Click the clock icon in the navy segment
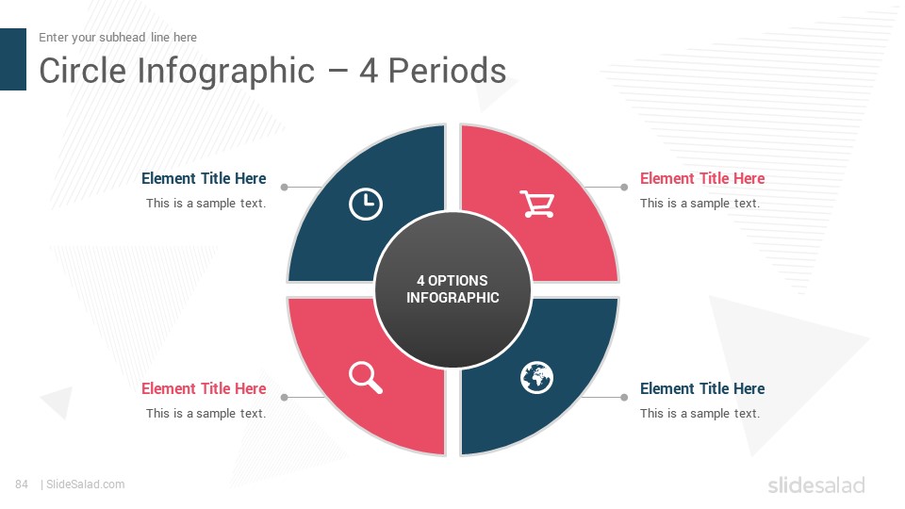click(366, 204)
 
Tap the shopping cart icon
click(537, 204)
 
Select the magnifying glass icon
click(366, 377)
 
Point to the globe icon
click(536, 377)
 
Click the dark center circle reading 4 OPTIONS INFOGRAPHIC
click(452, 289)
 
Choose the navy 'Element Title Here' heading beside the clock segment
click(204, 178)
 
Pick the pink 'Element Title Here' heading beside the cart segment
click(702, 178)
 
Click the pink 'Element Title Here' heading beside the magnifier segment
click(204, 388)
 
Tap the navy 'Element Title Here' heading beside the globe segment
click(702, 388)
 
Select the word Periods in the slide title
click(447, 71)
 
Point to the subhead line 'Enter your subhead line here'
click(118, 38)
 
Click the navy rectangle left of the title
click(12, 59)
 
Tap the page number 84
click(22, 484)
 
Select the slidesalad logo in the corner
click(816, 485)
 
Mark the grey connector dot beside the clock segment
click(284, 187)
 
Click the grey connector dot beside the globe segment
click(624, 397)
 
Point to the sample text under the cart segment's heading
click(699, 204)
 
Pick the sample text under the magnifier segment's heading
click(206, 413)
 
